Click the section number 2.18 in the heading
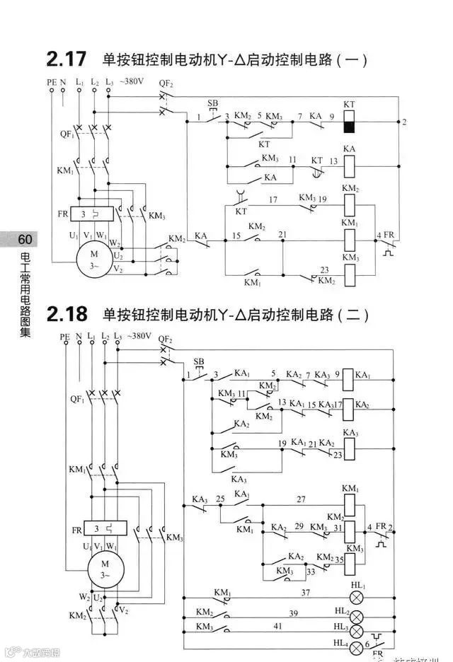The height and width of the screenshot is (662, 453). pyautogui.click(x=71, y=313)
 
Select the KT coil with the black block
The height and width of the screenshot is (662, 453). pyautogui.click(x=349, y=122)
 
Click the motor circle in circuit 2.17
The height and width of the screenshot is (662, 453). pyautogui.click(x=94, y=260)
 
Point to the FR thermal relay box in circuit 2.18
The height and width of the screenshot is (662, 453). pyautogui.click(x=105, y=528)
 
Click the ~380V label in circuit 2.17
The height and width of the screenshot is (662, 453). pyautogui.click(x=132, y=82)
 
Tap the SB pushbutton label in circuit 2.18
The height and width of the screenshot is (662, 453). pyautogui.click(x=199, y=361)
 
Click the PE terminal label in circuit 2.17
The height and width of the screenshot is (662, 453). pyautogui.click(x=51, y=82)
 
